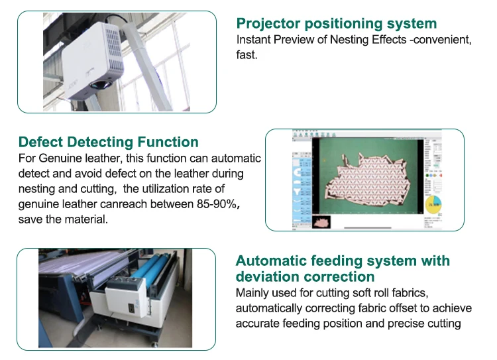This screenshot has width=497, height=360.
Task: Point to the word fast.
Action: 247,55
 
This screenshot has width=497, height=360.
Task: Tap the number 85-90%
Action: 215,204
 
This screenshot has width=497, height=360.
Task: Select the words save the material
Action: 63,219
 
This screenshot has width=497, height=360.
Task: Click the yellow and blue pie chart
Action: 434,205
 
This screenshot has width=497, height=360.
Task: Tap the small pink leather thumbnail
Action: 321,222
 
